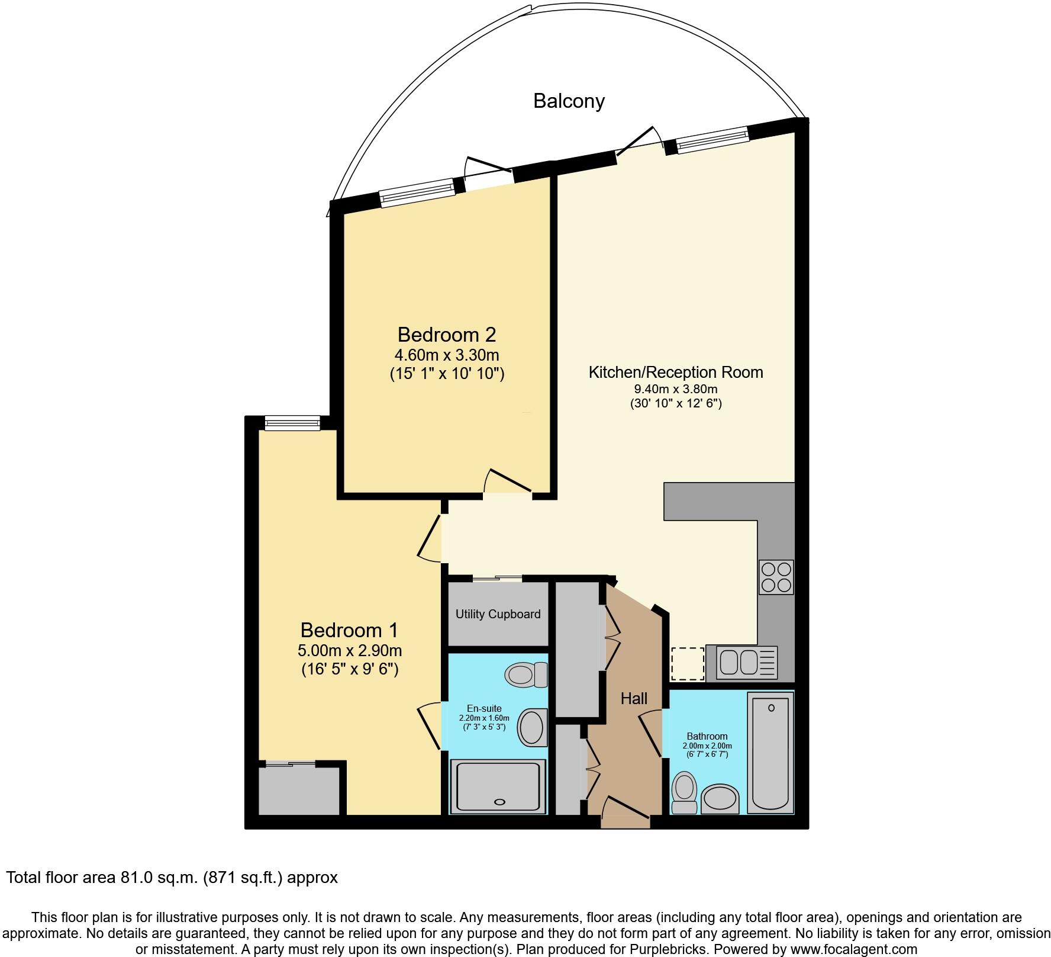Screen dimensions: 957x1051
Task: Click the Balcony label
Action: pyautogui.click(x=569, y=101)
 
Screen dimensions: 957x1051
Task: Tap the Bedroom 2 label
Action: pyautogui.click(x=446, y=335)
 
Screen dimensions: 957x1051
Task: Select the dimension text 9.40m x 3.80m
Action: pyautogui.click(x=675, y=389)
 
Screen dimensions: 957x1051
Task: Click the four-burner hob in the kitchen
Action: pyautogui.click(x=776, y=577)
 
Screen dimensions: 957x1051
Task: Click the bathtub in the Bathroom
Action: pyautogui.click(x=770, y=753)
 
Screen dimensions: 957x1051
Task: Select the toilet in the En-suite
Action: pyautogui.click(x=526, y=674)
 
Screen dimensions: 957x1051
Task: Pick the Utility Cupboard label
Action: pyautogui.click(x=498, y=614)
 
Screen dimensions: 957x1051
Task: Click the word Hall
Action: pyautogui.click(x=634, y=699)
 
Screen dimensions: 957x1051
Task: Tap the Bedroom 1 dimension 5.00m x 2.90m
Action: pyautogui.click(x=350, y=651)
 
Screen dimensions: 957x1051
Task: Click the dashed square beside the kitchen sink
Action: pyautogui.click(x=687, y=664)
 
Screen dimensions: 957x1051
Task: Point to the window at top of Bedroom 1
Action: pyautogui.click(x=292, y=423)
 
